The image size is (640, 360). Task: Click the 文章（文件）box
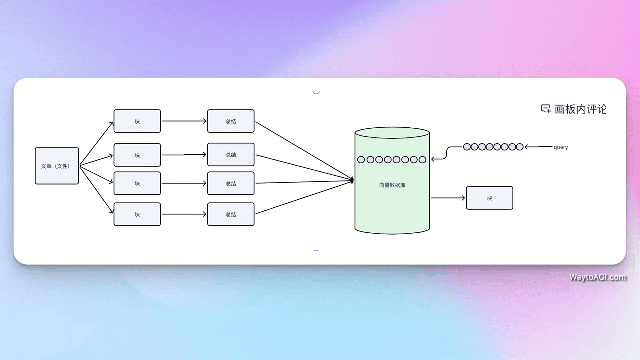click(57, 166)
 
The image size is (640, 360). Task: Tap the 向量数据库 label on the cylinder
click(392, 185)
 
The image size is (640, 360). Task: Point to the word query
click(561, 147)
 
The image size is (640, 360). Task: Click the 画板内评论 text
click(580, 109)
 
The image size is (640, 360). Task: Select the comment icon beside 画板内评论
click(546, 109)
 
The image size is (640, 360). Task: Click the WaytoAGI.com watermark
click(597, 277)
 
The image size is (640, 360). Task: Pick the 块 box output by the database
click(489, 198)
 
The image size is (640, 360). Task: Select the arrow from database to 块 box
click(448, 198)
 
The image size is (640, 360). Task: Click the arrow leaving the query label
click(538, 147)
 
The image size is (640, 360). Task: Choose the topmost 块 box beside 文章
click(137, 121)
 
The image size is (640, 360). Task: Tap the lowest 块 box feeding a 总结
click(137, 214)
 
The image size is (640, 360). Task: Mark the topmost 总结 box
click(231, 121)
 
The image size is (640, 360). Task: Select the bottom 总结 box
click(231, 214)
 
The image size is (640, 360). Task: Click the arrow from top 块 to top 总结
click(184, 121)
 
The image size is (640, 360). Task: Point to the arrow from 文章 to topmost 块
click(96, 143)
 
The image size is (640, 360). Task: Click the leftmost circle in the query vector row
click(467, 147)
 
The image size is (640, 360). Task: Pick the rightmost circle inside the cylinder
click(422, 160)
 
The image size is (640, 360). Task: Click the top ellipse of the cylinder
click(392, 132)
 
